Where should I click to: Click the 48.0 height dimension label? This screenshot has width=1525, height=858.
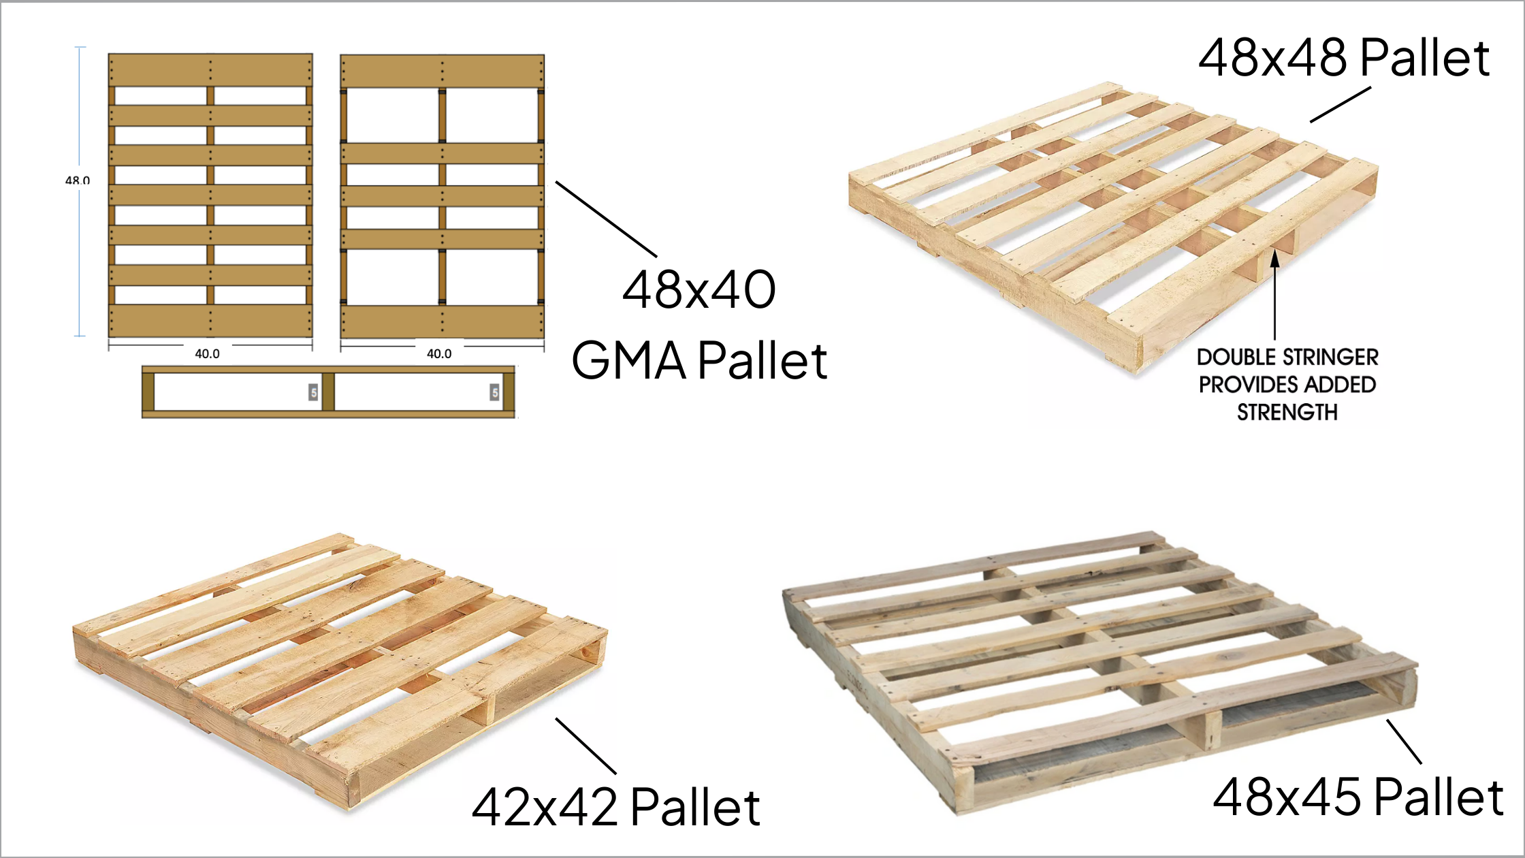point(78,180)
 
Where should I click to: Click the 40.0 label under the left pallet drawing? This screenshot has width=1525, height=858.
point(207,354)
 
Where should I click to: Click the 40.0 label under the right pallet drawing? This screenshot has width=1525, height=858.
point(439,354)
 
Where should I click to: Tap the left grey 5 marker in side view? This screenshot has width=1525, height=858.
point(313,392)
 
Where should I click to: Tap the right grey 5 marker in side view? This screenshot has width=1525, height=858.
point(494,392)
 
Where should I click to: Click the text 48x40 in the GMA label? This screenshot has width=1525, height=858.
point(699,290)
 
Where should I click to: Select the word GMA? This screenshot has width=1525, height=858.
point(629,361)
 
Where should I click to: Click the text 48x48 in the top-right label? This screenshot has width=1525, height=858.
point(1272,58)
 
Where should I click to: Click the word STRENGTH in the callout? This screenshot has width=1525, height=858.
point(1287,413)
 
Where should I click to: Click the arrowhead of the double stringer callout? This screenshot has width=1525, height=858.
point(1274,258)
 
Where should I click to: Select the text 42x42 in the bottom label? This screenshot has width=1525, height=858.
point(545,808)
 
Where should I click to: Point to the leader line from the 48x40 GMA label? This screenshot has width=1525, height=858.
point(606,219)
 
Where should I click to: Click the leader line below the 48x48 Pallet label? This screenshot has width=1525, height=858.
point(1340,105)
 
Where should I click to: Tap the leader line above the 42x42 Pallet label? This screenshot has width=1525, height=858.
point(586,746)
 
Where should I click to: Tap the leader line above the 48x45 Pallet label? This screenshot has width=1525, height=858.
point(1404,741)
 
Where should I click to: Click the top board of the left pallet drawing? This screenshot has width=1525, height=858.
point(210,70)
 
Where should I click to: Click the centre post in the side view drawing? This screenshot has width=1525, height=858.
point(328,392)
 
